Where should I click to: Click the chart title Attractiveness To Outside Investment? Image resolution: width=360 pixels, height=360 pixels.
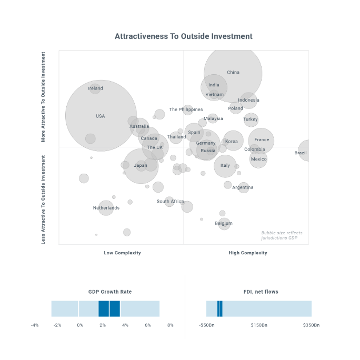click(184, 36)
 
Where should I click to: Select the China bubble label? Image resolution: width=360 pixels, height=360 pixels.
click(233, 73)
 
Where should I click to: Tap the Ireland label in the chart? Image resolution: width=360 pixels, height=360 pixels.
click(95, 88)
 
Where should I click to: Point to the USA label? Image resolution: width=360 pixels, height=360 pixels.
click(101, 116)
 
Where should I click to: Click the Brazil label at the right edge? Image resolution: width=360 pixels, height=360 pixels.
click(301, 153)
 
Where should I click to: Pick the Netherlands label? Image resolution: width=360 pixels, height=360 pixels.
click(106, 208)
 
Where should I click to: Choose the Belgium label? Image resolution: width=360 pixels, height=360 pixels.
click(224, 224)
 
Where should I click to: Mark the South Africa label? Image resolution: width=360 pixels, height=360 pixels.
click(171, 202)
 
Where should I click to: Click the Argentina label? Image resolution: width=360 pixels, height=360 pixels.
click(243, 187)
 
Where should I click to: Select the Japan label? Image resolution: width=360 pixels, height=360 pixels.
click(141, 165)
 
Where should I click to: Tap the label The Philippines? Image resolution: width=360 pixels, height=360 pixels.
click(186, 109)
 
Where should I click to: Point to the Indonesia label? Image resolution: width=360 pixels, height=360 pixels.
click(248, 100)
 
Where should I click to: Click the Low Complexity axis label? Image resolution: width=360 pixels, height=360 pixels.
click(122, 253)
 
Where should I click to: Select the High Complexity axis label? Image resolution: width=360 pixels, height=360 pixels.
click(248, 253)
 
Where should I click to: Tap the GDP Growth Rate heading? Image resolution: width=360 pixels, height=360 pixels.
click(110, 292)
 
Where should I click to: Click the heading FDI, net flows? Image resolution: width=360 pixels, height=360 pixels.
click(261, 292)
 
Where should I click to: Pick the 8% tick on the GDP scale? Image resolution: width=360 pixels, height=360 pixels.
click(171, 325)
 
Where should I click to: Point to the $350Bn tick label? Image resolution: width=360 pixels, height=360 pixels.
click(311, 325)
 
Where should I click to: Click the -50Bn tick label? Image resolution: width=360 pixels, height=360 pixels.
click(206, 325)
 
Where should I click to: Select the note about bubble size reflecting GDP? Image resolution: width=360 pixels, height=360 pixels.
click(282, 235)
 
